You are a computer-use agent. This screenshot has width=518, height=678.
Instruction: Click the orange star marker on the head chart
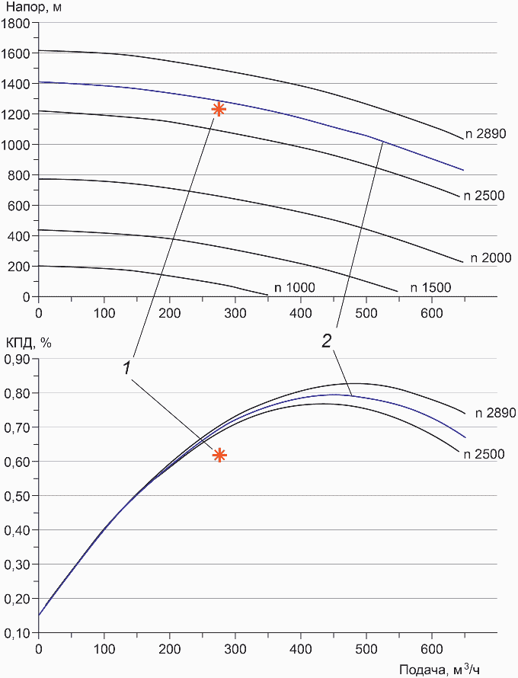pos(219,109)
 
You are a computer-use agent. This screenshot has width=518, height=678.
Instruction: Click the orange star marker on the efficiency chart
pos(219,456)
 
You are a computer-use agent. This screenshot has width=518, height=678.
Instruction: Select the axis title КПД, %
pos(28,343)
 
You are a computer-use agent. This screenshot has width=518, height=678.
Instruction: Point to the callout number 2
pos(326,342)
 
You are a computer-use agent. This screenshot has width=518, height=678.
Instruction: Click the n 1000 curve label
pos(296,287)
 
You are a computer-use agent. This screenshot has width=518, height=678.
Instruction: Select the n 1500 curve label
pos(431,287)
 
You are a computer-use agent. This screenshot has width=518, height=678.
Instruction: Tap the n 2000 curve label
pos(491,258)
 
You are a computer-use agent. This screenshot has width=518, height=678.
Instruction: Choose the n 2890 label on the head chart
pos(491,134)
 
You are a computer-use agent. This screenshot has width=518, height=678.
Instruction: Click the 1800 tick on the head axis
pos(15,23)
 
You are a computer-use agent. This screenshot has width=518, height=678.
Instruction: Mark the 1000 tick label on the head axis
pos(15,145)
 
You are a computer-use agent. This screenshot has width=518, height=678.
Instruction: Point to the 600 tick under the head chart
pos(431,312)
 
